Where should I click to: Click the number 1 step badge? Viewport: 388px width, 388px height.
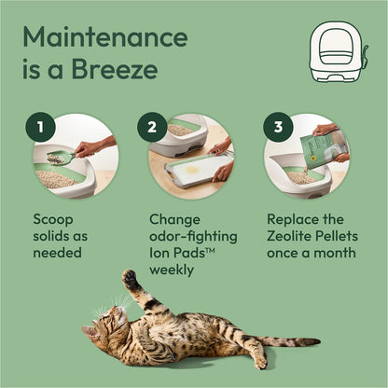pos(40,128)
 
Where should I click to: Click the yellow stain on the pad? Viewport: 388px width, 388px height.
pos(192,172)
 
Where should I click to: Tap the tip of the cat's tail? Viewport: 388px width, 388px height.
pos(316,342)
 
